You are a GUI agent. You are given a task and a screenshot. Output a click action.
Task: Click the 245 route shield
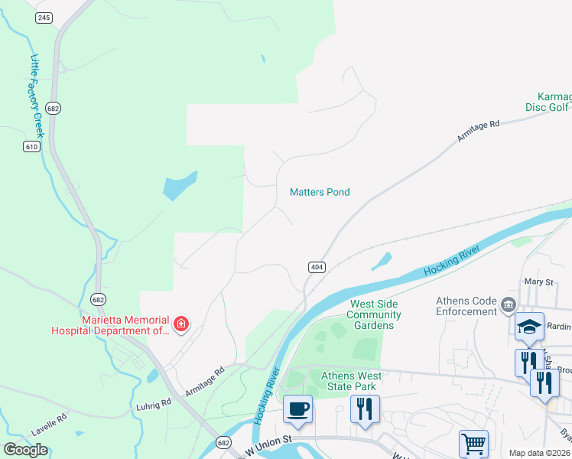click(44, 18)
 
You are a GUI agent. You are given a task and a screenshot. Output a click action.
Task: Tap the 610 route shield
click(31, 146)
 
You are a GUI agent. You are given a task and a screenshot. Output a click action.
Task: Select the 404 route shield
click(317, 267)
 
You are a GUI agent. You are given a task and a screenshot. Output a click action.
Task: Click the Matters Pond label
click(320, 192)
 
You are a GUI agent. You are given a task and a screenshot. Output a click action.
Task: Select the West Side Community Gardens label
click(375, 314)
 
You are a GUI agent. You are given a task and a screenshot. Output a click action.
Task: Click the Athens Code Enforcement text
click(466, 306)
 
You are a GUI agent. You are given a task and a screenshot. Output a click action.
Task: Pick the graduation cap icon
click(529, 327)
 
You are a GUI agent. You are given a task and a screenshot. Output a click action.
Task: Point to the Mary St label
click(538, 282)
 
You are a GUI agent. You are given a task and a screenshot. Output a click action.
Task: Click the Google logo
click(26, 450)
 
